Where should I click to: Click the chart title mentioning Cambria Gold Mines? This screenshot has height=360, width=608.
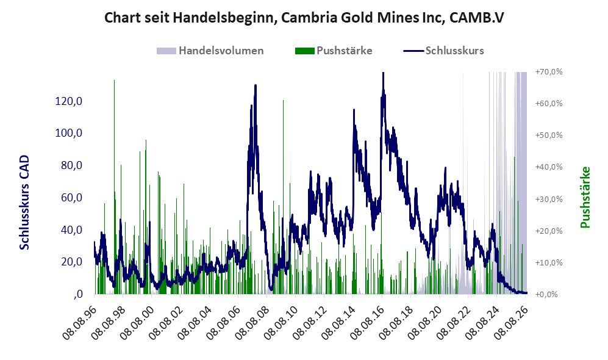click(304, 18)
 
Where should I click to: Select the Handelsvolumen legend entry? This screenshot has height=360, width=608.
click(210, 51)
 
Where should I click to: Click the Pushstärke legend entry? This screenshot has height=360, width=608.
click(334, 51)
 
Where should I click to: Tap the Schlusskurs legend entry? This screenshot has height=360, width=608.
click(443, 51)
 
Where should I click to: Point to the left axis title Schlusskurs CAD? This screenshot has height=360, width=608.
click(24, 203)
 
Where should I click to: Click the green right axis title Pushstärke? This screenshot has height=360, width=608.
click(585, 197)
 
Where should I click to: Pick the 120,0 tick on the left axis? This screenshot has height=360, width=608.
click(69, 101)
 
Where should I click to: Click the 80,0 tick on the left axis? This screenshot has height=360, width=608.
click(72, 165)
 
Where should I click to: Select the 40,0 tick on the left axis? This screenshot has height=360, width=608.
click(72, 229)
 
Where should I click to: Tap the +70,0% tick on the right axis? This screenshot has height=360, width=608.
click(549, 72)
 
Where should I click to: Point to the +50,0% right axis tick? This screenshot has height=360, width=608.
click(549, 135)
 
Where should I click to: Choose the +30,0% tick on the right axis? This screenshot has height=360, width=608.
click(549, 199)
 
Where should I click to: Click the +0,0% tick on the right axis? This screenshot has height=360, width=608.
click(547, 295)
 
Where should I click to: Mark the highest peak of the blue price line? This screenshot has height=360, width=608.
click(383, 73)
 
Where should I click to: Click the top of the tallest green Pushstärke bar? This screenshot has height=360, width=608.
click(114, 81)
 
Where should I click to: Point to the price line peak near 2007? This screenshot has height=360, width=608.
click(255, 85)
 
